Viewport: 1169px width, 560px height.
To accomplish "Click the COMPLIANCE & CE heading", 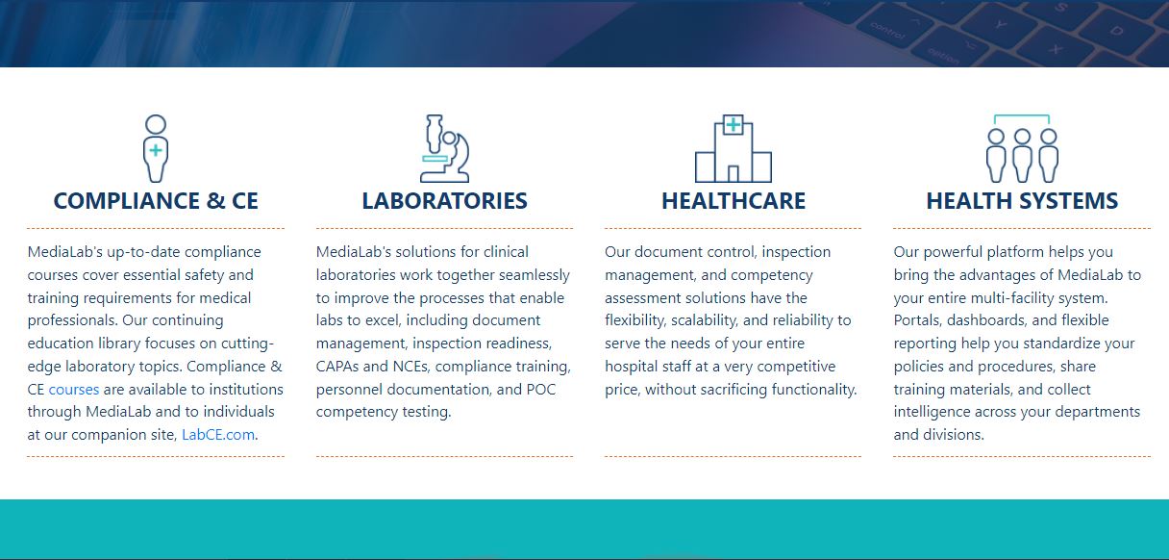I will tap(156, 201).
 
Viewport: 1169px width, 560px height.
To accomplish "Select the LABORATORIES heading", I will tap(444, 201).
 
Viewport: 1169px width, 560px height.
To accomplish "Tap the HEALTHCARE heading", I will tap(734, 201).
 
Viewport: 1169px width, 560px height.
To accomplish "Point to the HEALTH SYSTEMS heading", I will tap(1022, 201).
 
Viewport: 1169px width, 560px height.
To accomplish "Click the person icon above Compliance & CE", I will tap(156, 148).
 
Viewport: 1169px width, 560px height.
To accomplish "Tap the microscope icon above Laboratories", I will tap(444, 148).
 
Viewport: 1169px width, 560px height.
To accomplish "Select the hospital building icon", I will tap(734, 150).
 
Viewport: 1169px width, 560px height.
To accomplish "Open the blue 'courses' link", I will tap(74, 390).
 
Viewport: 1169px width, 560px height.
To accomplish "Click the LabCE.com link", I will tap(218, 435).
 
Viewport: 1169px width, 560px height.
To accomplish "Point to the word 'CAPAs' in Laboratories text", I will tap(337, 367).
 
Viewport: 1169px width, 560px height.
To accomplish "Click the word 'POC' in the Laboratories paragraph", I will tap(540, 390).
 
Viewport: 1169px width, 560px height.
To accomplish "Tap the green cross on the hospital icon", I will tap(734, 124).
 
